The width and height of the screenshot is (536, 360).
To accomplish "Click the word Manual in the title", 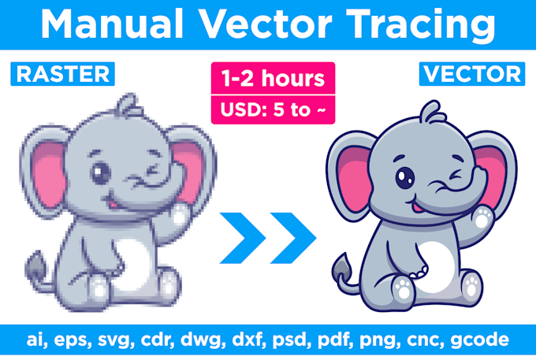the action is click(x=112, y=24).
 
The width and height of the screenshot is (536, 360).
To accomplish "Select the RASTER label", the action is click(x=63, y=74).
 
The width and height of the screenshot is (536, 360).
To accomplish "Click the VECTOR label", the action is click(x=472, y=74).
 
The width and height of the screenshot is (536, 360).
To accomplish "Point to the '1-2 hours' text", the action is click(x=273, y=78).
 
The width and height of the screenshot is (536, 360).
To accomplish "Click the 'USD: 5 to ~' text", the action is click(x=273, y=109).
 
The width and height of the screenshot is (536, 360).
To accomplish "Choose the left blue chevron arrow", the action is click(x=242, y=238).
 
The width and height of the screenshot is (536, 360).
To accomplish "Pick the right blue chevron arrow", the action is click(x=293, y=238).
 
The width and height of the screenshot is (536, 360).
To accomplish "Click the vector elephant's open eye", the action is click(x=405, y=177).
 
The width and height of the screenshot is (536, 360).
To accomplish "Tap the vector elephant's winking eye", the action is click(x=455, y=175).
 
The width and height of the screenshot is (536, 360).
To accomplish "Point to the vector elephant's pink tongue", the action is click(x=416, y=207).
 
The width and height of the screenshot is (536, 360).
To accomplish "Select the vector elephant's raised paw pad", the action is click(x=483, y=217).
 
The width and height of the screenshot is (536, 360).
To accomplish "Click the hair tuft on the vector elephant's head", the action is click(x=433, y=112).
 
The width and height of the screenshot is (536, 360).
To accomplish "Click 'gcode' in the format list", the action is click(x=479, y=340).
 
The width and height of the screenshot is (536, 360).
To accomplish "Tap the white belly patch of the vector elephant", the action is click(x=436, y=267).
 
